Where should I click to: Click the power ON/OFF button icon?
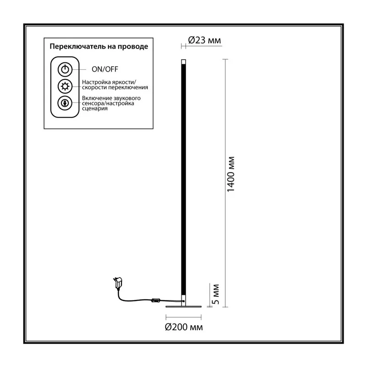(x=65, y=70)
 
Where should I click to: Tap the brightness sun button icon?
(x=65, y=86)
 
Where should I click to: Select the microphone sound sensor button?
(x=65, y=103)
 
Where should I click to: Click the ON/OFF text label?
(x=105, y=69)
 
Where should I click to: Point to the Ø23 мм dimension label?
(x=204, y=40)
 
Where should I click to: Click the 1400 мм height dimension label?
(x=231, y=174)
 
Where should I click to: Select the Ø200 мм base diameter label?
(x=184, y=327)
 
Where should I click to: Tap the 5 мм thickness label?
(x=216, y=294)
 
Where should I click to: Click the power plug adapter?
(x=118, y=283)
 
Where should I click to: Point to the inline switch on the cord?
(x=156, y=300)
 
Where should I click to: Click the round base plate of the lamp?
(x=183, y=306)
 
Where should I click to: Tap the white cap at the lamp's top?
(x=183, y=62)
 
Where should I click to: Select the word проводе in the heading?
(x=133, y=46)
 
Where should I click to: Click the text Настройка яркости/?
(x=109, y=82)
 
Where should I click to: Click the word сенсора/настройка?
(x=108, y=103)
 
